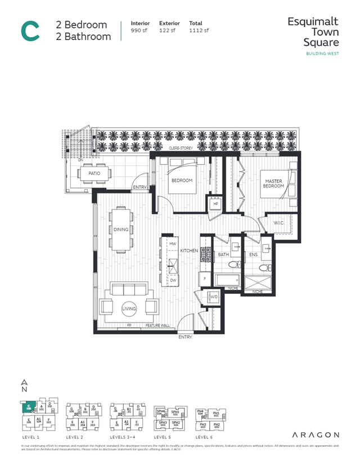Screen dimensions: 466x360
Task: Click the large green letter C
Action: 30,30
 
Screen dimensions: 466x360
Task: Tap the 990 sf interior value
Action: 139,30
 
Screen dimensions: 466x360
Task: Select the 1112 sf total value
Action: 199,30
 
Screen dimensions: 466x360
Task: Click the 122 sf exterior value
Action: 168,30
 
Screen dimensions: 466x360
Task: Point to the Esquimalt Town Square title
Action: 313,32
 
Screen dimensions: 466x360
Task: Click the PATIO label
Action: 94,173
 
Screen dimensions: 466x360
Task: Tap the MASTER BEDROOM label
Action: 273,183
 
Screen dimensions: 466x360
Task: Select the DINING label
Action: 120,229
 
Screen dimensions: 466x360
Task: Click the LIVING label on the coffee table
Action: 129,308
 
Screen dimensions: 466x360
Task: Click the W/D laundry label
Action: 213,297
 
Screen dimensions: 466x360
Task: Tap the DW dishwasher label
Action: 173,280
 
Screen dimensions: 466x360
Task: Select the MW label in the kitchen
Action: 173,244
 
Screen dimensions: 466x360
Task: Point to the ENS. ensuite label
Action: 253,254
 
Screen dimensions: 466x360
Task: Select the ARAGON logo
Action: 316,434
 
